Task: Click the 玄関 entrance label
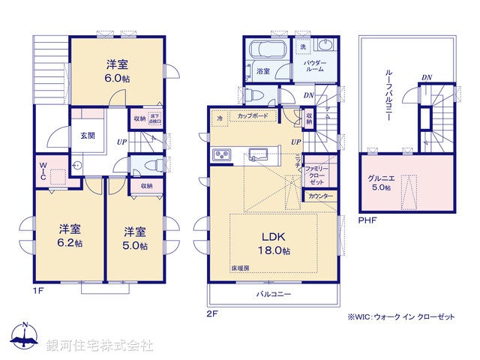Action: [86, 136]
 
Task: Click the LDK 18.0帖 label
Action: [274, 243]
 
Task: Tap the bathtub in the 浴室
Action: [264, 53]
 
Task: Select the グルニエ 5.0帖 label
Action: [379, 182]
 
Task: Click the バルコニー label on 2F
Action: [272, 295]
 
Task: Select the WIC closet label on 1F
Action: [42, 172]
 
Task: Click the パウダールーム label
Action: [314, 66]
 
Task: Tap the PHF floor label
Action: [367, 220]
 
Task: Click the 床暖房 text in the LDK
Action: [240, 268]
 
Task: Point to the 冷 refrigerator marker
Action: [220, 118]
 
